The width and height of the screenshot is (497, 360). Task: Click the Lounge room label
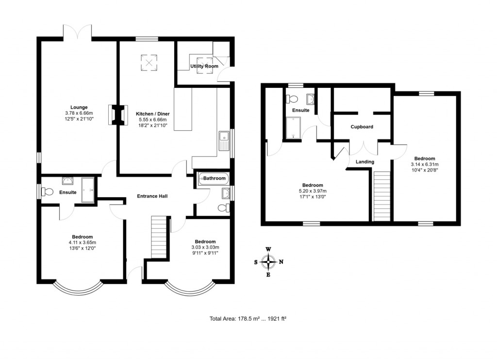tap(79, 107)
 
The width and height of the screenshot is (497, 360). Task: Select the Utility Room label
tap(204, 66)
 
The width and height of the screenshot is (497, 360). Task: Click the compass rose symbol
tap(268, 262)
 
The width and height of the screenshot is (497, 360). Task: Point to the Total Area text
tap(248, 319)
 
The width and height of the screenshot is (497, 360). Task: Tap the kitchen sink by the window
tap(225, 141)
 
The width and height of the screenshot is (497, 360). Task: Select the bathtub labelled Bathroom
tap(213, 179)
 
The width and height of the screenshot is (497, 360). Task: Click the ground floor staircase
tap(159, 238)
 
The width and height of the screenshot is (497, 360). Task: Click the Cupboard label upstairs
tap(362, 127)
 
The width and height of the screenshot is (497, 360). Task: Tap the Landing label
tap(365, 162)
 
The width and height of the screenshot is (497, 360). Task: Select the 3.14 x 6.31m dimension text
tap(425, 164)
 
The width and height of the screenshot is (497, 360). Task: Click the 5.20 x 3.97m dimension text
tap(313, 191)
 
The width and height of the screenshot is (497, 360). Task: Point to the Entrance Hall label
tap(152, 196)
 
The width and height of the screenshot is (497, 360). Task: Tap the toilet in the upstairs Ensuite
tap(292, 99)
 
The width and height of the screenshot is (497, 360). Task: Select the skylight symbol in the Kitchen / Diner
tap(149, 62)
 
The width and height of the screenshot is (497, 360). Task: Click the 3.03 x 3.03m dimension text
tap(205, 247)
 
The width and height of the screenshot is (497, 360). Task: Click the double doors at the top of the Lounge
tap(77, 32)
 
